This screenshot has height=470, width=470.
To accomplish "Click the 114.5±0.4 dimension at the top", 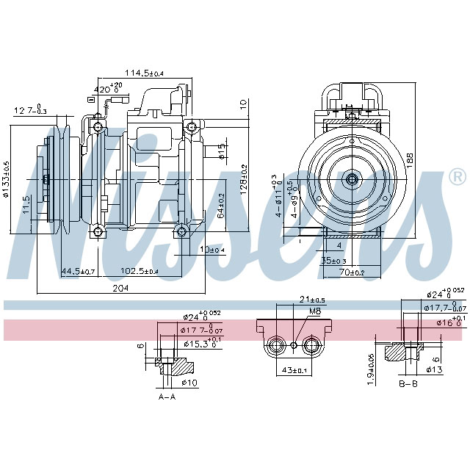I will pos(144,73).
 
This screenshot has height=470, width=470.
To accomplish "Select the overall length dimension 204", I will pos(120,289).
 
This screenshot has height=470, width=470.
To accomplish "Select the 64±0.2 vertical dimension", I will pos(220,205).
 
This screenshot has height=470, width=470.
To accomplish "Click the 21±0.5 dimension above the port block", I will pos(292,300).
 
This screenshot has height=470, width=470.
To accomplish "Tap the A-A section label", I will pos(167,396).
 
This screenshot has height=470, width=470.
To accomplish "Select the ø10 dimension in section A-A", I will pos(189,383).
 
